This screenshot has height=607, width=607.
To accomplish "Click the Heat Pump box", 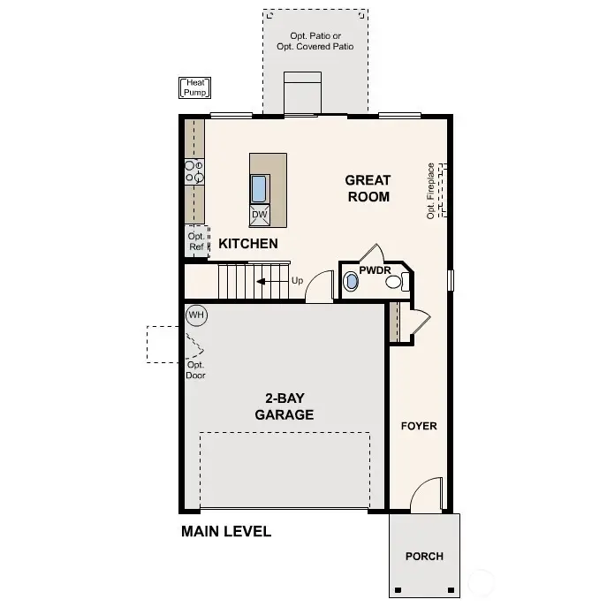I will (x=195, y=87).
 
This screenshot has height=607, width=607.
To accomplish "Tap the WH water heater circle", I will (x=195, y=315).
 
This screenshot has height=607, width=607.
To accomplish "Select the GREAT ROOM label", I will (x=368, y=188).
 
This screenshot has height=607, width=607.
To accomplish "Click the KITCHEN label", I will (x=248, y=244).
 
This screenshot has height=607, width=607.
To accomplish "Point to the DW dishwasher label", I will (x=259, y=215).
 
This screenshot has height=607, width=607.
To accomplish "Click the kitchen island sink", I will (x=260, y=189).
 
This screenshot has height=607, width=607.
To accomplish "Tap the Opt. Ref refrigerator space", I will (x=196, y=240).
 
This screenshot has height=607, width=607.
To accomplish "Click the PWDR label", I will (x=375, y=271).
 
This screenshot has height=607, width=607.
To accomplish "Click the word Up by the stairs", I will (x=297, y=281).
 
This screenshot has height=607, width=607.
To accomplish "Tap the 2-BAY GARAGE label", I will (x=284, y=406).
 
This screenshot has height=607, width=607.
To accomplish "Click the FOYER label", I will (x=419, y=426).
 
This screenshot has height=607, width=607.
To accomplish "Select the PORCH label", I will (x=424, y=556).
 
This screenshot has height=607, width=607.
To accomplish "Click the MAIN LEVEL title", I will (x=225, y=532).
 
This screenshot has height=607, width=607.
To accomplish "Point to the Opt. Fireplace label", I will (x=431, y=191).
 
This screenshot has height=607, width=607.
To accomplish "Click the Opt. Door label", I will (x=196, y=369).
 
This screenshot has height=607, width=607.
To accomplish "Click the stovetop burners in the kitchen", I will (x=193, y=171).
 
